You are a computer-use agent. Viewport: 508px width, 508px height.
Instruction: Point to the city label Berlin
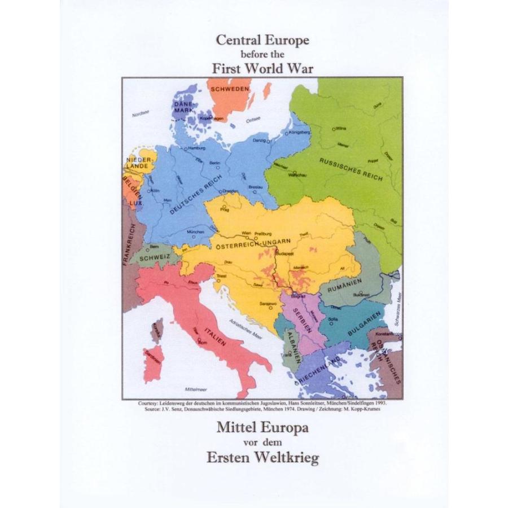click(214, 163)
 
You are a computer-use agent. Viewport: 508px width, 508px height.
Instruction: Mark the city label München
click(196, 232)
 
